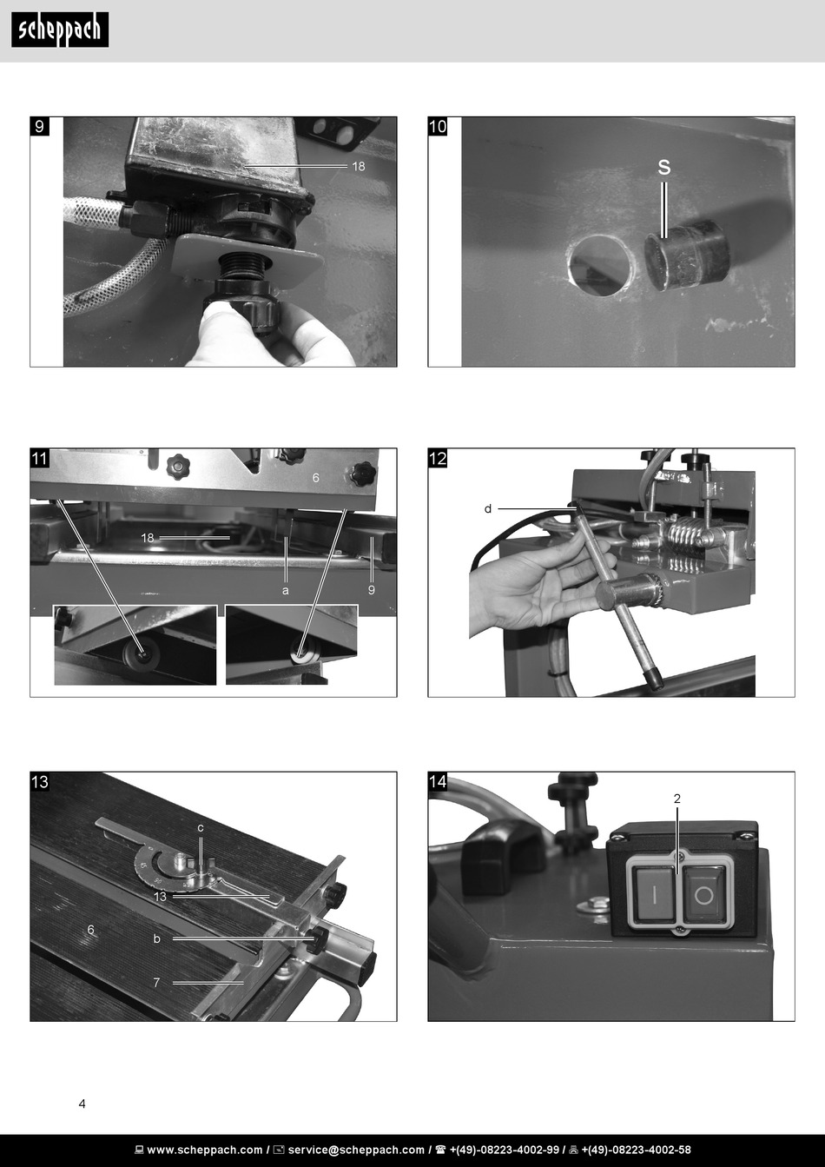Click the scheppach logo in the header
60,30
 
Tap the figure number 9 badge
40,126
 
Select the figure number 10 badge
438,126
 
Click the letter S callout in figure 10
663,167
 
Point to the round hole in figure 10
601,265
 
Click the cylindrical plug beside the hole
687,255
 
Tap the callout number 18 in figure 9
358,166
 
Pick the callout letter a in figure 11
285,590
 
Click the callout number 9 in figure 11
371,590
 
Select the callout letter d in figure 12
488,508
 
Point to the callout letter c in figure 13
201,828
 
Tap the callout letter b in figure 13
156,938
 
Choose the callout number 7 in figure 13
156,983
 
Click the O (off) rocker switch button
703,896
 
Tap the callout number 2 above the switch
677,799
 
